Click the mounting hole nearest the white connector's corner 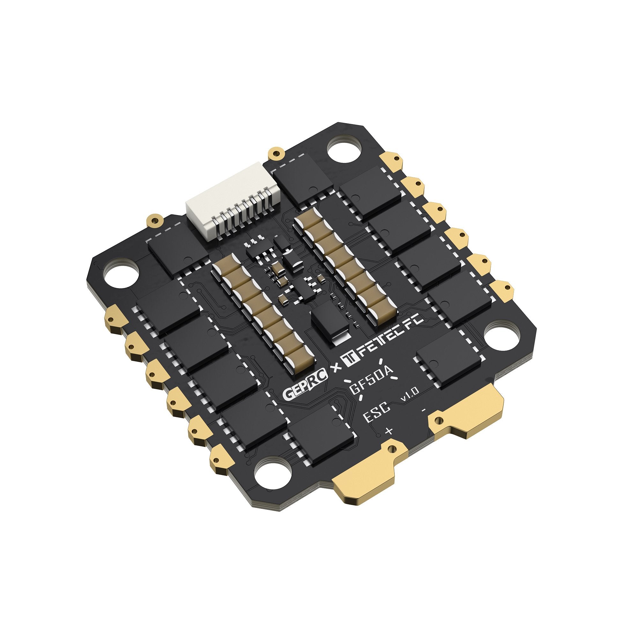(344, 151)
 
